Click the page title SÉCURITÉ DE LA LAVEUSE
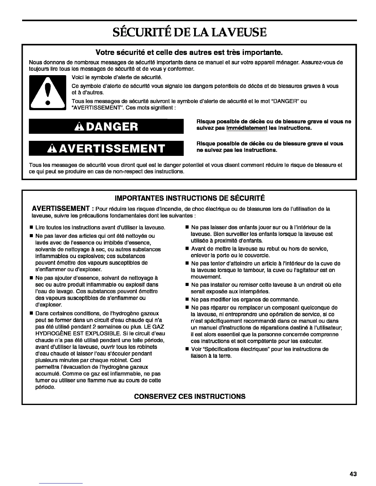tap(189, 32)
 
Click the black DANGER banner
tap(106, 126)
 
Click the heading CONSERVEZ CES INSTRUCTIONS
tap(190, 396)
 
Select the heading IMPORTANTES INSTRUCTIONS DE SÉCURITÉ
tap(189, 197)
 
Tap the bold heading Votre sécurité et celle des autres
tap(189, 52)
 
